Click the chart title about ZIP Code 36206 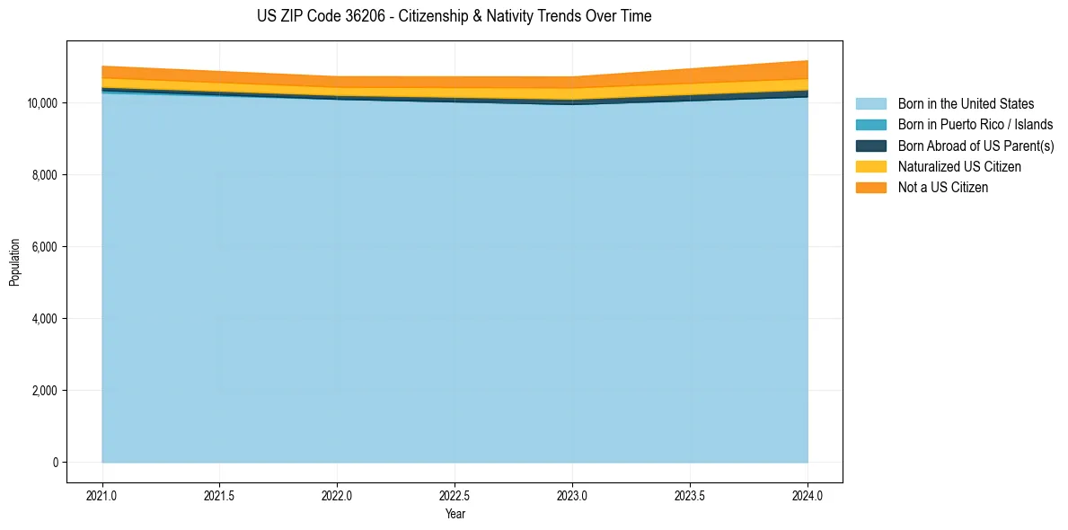click(454, 16)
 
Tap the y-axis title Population click(14, 261)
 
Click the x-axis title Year click(455, 515)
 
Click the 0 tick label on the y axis click(55, 463)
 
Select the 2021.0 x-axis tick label click(102, 495)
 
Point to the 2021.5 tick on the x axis click(219, 495)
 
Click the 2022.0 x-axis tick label click(337, 495)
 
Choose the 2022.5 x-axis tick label click(455, 495)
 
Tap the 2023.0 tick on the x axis click(572, 495)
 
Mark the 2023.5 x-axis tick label click(690, 495)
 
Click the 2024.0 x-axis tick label click(808, 495)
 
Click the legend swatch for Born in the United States click(870, 104)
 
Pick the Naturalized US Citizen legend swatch click(870, 166)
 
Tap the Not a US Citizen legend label click(943, 188)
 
